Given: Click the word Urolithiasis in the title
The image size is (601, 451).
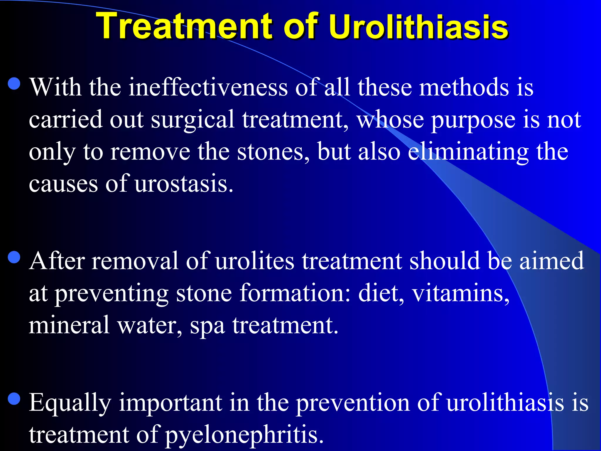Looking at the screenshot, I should click(x=418, y=26).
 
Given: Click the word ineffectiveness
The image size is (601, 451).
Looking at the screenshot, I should click(x=208, y=87).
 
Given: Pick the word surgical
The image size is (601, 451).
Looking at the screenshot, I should click(x=193, y=120).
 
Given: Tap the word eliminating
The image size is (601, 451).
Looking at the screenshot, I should click(x=468, y=152).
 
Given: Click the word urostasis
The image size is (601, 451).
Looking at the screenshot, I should click(x=184, y=184).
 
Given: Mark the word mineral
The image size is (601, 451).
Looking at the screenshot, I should click(x=69, y=325).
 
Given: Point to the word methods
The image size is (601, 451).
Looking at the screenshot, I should click(x=464, y=87).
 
